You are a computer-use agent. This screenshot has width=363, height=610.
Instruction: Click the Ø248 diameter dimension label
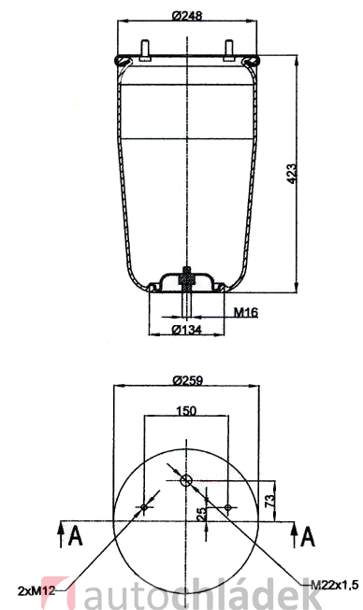coord(187,16)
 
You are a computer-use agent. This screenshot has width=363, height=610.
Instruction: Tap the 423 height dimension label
coord(291,174)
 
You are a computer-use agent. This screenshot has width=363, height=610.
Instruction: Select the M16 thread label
coord(246,312)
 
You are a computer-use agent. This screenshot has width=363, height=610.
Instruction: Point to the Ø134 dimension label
coord(186,330)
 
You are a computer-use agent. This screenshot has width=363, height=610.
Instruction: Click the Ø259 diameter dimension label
coord(187,380)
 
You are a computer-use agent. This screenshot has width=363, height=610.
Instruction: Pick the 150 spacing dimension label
coord(186,411)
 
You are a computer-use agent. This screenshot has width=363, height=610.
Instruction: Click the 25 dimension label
coord(202,515)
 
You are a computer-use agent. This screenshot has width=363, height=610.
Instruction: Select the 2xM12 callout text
coord(36,591)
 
